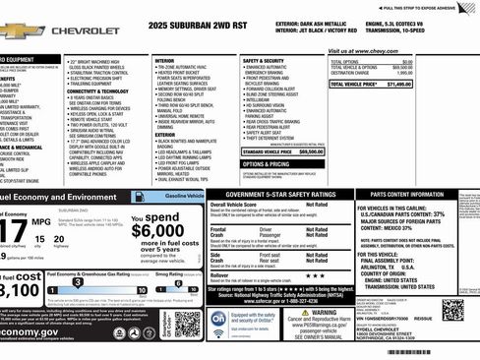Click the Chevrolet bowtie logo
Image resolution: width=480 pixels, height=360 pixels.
coord(20,31)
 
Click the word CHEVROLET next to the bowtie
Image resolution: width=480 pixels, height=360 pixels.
coord(87,31)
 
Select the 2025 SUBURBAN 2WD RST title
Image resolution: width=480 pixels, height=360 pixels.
coord(203,23)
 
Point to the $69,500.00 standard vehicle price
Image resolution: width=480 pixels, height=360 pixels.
coord(310,151)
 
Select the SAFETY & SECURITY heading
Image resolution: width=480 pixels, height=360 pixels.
coord(265,60)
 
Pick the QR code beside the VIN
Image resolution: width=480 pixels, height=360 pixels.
coord(453,310)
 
